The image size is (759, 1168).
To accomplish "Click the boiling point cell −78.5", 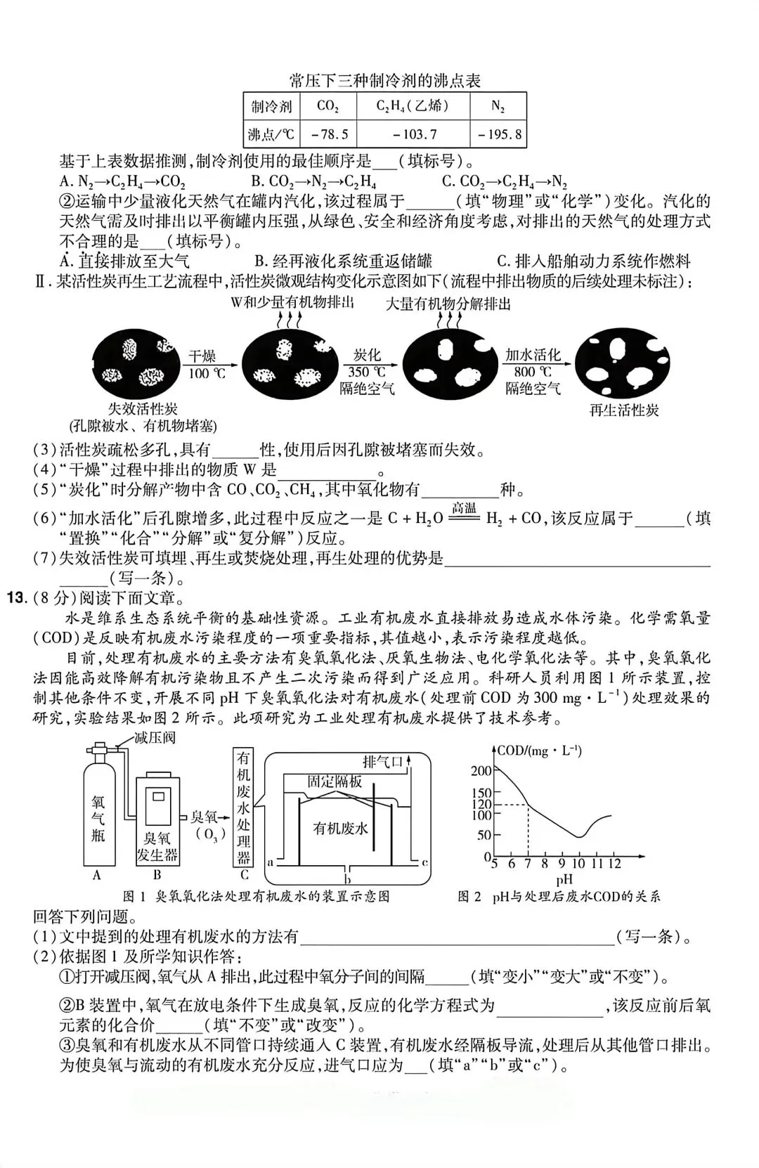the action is tap(328, 134).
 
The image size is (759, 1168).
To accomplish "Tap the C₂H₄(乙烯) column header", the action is tap(413, 106).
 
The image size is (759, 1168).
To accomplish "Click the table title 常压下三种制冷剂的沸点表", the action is tap(385, 81).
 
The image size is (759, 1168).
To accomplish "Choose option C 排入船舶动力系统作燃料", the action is tap(594, 261).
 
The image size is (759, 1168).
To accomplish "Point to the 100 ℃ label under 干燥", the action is tap(207, 373).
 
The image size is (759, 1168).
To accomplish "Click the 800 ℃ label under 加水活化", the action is tap(533, 372).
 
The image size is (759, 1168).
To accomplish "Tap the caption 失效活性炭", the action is tap(143, 408).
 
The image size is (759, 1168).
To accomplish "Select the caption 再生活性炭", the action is tap(624, 410).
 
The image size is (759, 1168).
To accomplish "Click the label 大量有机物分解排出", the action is tap(448, 304).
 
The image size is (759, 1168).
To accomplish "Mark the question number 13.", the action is tap(17, 599).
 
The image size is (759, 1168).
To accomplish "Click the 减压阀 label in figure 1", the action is tap(155, 738).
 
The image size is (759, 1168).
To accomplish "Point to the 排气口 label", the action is tap(383, 762).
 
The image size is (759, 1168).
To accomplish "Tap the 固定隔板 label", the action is tap(335, 781).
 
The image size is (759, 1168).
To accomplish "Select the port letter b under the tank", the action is tap(347, 877).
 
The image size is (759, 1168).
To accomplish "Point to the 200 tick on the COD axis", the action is tap(481, 771).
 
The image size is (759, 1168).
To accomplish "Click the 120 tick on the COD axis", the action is tap(481, 804).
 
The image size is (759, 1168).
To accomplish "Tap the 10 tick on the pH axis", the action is tap(578, 864).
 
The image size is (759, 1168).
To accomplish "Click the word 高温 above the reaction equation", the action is tap(465, 508).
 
